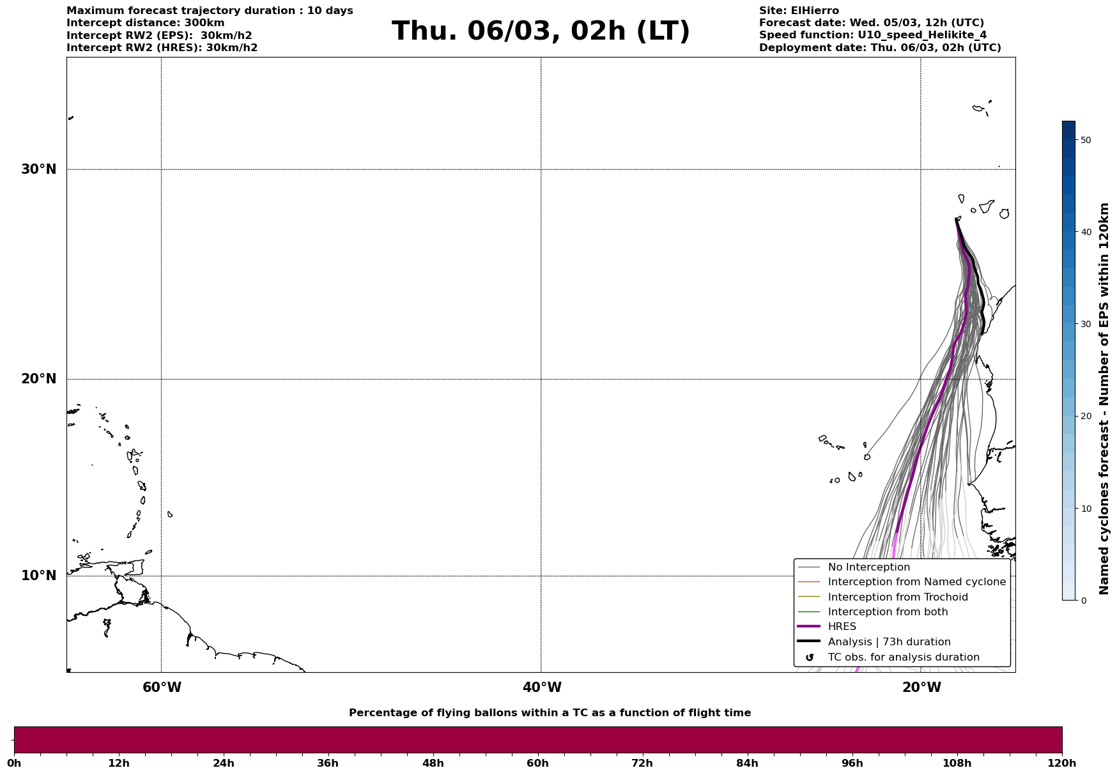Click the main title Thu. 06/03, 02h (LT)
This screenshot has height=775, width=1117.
coord(541,31)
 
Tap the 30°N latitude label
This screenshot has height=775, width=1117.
coord(39,169)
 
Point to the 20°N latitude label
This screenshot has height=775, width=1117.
coord(39,379)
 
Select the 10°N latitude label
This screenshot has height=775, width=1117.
coord(39,576)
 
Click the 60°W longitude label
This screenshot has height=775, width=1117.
coord(162,687)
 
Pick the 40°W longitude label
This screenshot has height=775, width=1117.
coord(542,687)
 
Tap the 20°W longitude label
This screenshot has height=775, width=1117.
coord(921,687)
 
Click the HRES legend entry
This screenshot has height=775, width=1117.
coord(842,627)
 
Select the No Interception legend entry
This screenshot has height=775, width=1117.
coord(868,567)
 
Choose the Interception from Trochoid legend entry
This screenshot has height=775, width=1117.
coord(897,597)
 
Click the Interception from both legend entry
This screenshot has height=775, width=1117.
coord(888,612)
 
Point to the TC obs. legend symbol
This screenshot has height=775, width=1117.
coord(810,657)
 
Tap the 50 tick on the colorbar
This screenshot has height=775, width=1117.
coord(1085,140)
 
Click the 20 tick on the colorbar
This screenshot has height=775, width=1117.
coord(1085,416)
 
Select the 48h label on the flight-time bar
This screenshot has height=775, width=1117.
coord(433,763)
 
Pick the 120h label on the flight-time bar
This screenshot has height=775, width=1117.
coord(1062,763)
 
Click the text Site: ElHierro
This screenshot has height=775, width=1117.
coord(799,11)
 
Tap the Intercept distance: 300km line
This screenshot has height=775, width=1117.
coord(146,23)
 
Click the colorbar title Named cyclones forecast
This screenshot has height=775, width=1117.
coord(1104,399)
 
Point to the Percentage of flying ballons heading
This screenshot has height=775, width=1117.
coord(550,713)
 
